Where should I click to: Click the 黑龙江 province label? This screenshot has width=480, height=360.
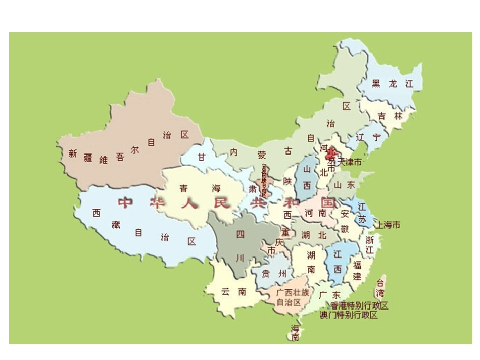pos(392,84)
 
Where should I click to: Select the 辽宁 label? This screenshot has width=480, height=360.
pos(368,137)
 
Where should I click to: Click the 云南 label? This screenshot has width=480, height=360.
pos(233,291)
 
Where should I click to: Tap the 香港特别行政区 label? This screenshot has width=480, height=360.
pos(360,306)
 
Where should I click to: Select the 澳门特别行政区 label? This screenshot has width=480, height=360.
pos(349,315)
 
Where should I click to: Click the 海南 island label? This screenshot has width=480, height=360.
pos(295,333)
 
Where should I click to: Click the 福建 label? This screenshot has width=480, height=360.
pos(357,270)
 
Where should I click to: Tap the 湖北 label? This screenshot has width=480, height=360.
pos(313,235)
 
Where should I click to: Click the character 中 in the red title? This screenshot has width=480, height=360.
pos(125,203)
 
